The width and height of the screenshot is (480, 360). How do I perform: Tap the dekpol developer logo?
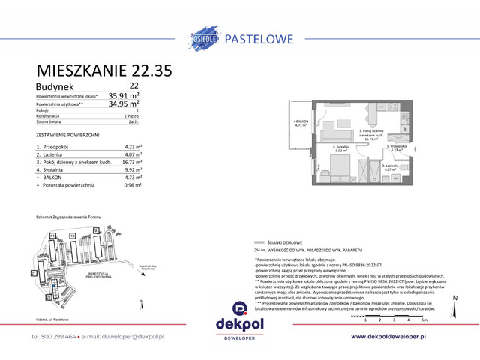click(239, 316)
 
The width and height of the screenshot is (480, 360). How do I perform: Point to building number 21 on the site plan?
click(24, 273)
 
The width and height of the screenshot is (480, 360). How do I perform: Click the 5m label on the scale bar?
click(424, 319)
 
